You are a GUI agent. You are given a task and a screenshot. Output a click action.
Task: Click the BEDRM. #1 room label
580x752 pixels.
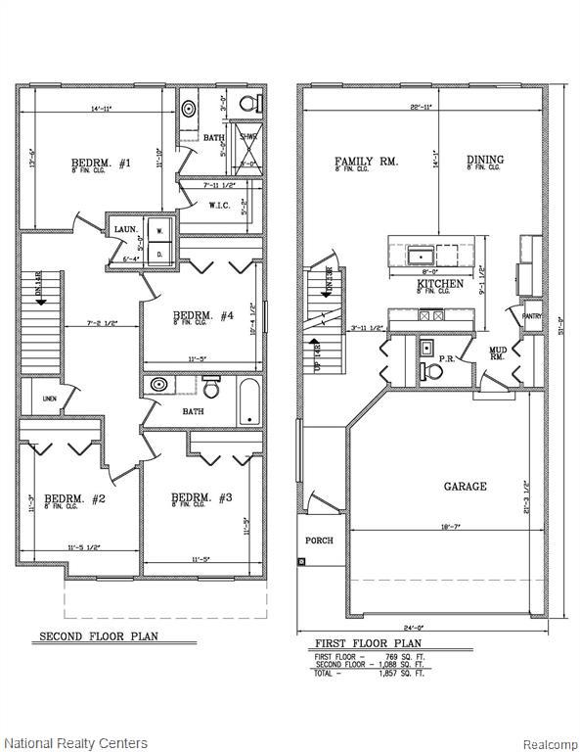pyautogui.click(x=101, y=164)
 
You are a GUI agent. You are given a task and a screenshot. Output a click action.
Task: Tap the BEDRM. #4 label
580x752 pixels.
pyautogui.click(x=202, y=315)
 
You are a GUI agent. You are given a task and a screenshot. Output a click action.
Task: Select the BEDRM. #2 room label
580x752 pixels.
pyautogui.click(x=74, y=498)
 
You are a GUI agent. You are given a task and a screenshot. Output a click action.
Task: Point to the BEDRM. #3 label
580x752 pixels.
pyautogui.click(x=201, y=498)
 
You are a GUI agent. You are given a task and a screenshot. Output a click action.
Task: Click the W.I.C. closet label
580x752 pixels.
pyautogui.click(x=219, y=205)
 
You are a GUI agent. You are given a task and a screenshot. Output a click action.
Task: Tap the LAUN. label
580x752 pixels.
pyautogui.click(x=125, y=228)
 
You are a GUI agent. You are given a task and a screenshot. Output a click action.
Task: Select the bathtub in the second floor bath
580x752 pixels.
pyautogui.click(x=249, y=403)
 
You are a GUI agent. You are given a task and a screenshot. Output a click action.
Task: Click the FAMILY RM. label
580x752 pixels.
pyautogui.click(x=366, y=161)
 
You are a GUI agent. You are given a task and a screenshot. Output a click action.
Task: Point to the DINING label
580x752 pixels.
pyautogui.click(x=485, y=160)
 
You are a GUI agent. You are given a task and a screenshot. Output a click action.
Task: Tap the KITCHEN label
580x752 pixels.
pyautogui.click(x=440, y=284)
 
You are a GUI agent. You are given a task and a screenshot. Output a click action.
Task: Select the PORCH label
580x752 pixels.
pyautogui.click(x=319, y=540)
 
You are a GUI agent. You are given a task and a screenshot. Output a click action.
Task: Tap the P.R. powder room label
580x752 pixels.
pyautogui.click(x=446, y=359)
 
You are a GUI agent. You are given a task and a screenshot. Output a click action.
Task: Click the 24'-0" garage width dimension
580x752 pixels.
pyautogui.click(x=422, y=628)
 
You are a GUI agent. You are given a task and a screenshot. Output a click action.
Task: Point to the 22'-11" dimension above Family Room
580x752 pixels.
pyautogui.click(x=422, y=106)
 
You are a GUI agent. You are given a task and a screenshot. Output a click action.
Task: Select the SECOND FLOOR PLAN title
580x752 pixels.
pyautogui.click(x=98, y=636)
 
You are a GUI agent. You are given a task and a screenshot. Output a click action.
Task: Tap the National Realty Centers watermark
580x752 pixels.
pyautogui.click(x=75, y=743)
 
